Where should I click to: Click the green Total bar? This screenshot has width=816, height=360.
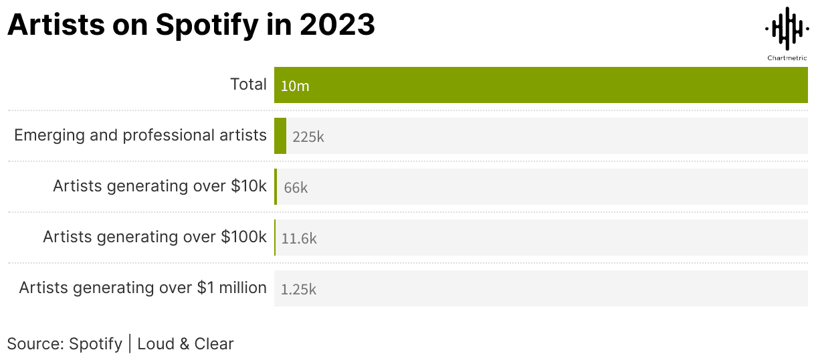(x=540, y=85)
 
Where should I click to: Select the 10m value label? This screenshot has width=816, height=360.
(x=295, y=86)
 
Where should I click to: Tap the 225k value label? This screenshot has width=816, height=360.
(x=308, y=137)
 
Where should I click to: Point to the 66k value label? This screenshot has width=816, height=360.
(x=296, y=187)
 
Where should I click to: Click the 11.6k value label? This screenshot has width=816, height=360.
(x=299, y=238)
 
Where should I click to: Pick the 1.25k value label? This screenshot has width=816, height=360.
(x=298, y=289)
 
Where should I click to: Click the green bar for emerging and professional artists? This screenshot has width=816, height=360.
(x=280, y=136)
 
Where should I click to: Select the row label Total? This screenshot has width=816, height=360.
(x=248, y=84)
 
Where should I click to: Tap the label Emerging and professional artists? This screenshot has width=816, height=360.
(x=140, y=135)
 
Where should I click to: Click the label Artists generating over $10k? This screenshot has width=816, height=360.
(x=160, y=186)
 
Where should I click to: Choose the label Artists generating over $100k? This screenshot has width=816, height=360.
(x=155, y=237)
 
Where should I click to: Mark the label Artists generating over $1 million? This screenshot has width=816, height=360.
(x=142, y=288)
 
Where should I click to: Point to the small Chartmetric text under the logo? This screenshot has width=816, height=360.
(x=787, y=58)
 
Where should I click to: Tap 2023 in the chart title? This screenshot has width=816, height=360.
(x=337, y=25)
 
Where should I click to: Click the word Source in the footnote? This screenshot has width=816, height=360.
(x=34, y=344)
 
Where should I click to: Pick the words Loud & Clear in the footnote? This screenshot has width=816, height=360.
(x=185, y=344)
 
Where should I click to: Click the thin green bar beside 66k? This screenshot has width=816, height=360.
(x=276, y=187)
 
